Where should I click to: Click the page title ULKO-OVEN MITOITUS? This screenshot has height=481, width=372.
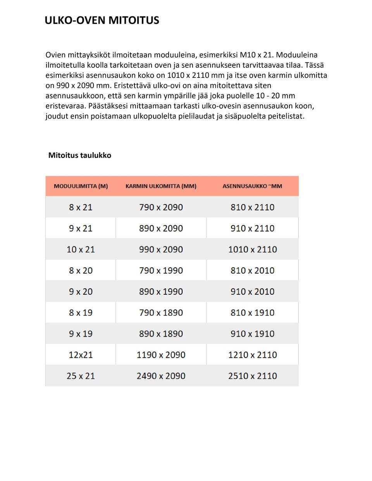point(102,20)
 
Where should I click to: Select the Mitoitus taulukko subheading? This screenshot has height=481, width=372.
point(79,155)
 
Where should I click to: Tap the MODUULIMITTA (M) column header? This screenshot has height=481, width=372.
point(81,186)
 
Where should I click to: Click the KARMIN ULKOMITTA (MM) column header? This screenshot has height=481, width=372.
point(161,186)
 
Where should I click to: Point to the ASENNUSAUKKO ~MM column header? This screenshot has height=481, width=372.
point(252,186)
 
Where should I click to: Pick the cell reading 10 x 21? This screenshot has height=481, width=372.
point(81,249)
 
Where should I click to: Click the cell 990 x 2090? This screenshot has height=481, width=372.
point(161,249)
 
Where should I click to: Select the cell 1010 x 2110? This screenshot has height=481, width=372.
point(252,249)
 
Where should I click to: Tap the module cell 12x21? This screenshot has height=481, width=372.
point(81,355)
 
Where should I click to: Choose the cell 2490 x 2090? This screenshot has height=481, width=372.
point(161,376)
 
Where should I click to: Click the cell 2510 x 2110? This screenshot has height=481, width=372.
point(252,376)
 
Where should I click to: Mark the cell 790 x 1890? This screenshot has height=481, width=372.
point(161,313)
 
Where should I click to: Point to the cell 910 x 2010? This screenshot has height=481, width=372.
point(252,292)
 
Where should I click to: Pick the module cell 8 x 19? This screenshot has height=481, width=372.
point(81,313)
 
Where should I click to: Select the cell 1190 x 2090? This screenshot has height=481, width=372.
point(161,355)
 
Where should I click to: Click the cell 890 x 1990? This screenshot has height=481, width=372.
point(161,292)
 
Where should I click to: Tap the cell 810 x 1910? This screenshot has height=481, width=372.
point(252,313)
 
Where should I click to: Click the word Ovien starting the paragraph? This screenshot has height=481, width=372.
point(55,55)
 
